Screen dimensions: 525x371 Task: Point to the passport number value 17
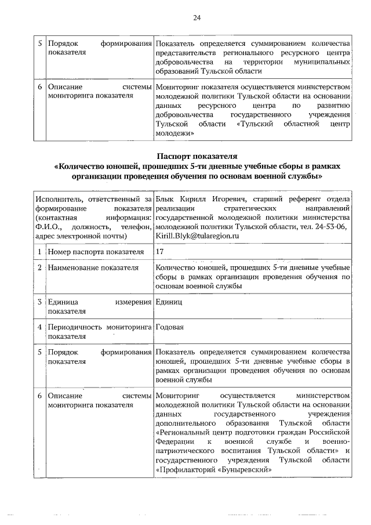pos(160,252)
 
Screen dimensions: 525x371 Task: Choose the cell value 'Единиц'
pos(169,302)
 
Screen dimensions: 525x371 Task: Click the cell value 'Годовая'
pos(170,327)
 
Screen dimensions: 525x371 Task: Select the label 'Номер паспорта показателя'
pos(96,252)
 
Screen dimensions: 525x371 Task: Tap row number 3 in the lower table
pos(39,302)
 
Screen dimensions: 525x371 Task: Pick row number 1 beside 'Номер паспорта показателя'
pos(39,252)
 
